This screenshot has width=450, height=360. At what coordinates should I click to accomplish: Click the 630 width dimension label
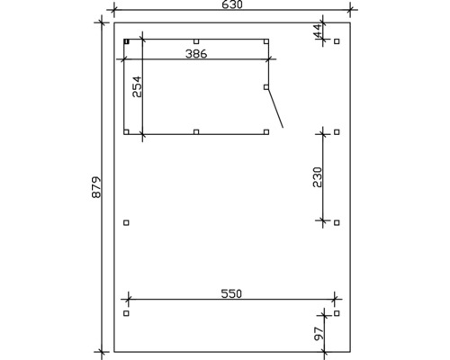[232, 4]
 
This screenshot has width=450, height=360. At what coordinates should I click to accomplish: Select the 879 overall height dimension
[96, 187]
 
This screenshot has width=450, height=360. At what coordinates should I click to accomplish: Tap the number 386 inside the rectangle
[196, 54]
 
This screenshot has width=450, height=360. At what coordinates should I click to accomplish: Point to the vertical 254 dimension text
[137, 86]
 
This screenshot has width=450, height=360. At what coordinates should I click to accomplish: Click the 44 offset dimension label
[317, 31]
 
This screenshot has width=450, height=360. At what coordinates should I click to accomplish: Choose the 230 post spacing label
[317, 177]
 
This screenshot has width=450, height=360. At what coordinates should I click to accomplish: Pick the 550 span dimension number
[231, 293]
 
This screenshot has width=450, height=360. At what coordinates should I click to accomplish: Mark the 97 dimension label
[319, 333]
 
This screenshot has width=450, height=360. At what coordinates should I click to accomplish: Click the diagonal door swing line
[275, 108]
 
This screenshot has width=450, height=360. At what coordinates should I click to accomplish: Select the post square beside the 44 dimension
[337, 41]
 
